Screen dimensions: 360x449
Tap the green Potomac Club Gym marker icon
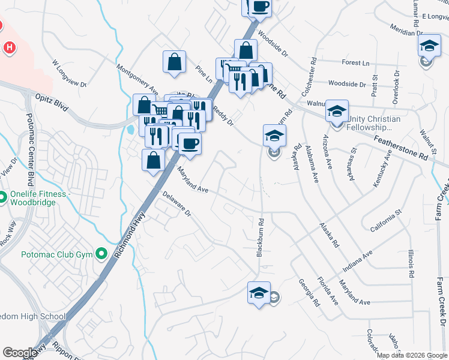[x=101, y=254]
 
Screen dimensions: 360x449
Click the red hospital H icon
[x=10, y=47]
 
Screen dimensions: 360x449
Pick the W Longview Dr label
[x=70, y=72]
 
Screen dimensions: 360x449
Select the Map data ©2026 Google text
[x=411, y=355]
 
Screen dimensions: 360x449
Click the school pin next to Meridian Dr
[x=429, y=46]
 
